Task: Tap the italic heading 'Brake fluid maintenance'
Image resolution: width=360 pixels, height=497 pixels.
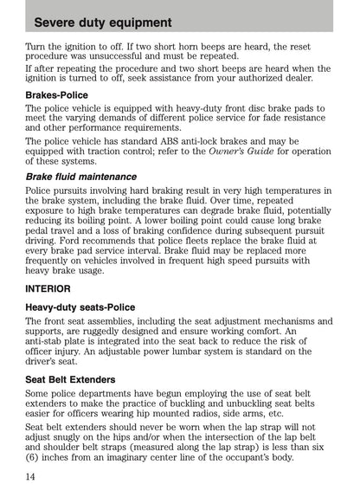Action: coord(80,177)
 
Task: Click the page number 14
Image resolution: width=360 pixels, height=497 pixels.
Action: coord(31,476)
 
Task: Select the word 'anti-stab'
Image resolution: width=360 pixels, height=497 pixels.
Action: coord(50,341)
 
